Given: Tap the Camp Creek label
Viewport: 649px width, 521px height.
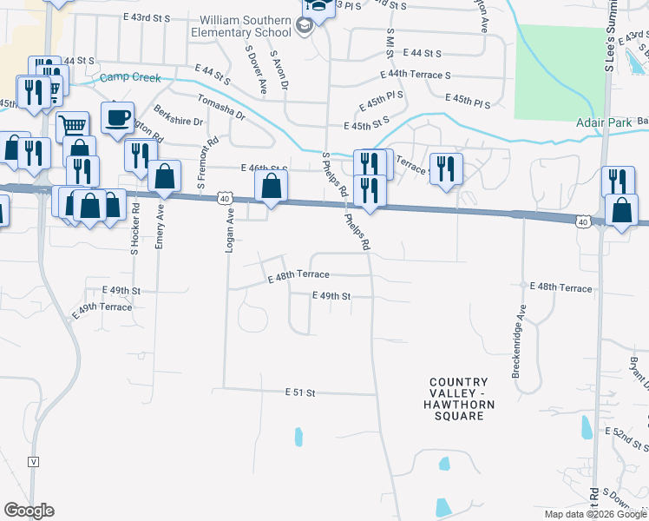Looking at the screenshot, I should pos(130,78).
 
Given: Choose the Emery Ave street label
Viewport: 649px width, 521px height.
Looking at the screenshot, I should pos(160,228).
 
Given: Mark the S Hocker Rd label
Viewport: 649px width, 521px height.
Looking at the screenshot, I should pos(135,229).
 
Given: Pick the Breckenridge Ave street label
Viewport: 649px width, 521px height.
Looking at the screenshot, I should pos(520,340).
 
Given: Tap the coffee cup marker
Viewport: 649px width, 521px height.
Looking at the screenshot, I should pos(117,117).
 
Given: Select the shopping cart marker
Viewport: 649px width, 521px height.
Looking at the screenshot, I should pos(73,127).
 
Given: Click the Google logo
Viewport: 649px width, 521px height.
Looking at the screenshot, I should pos(29,511).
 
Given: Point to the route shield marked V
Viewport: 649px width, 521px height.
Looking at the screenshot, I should pos(34,461).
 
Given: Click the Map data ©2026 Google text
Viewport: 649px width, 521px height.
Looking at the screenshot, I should pos(593,514).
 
